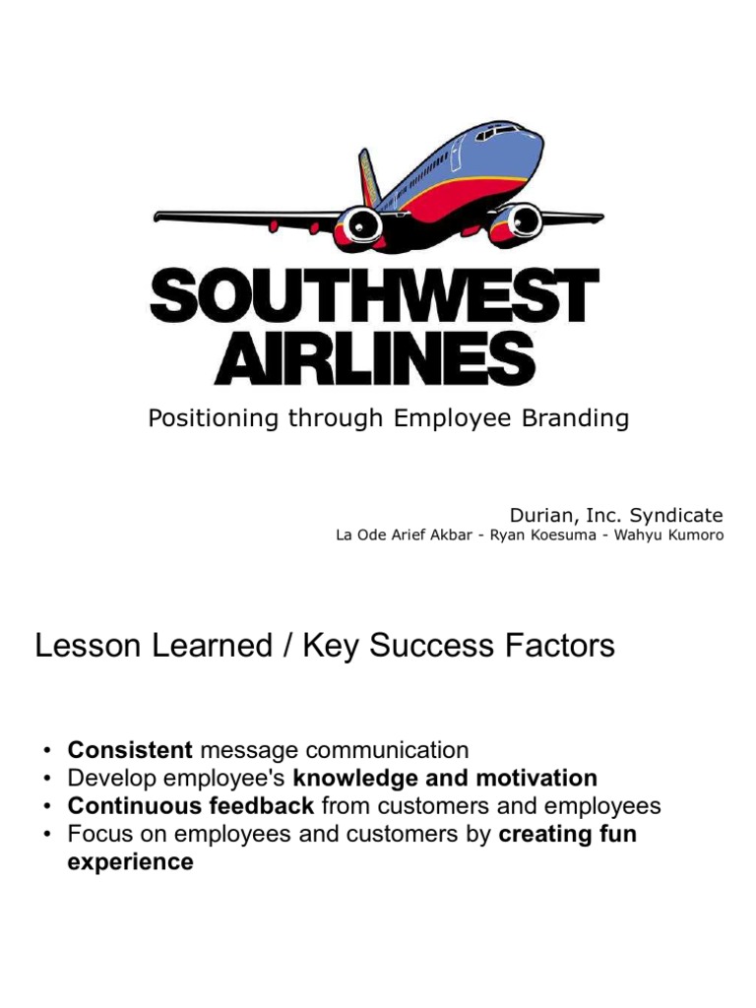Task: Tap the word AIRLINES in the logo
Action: coord(374,358)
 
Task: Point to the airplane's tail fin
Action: coord(370,177)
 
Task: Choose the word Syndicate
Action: coord(678,515)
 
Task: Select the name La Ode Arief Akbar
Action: coord(404,535)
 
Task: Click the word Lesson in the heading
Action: coord(82,646)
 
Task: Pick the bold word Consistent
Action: coord(129,750)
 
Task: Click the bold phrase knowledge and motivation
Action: coord(445,778)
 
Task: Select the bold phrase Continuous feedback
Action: coord(190,806)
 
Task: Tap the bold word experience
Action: coord(130,862)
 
